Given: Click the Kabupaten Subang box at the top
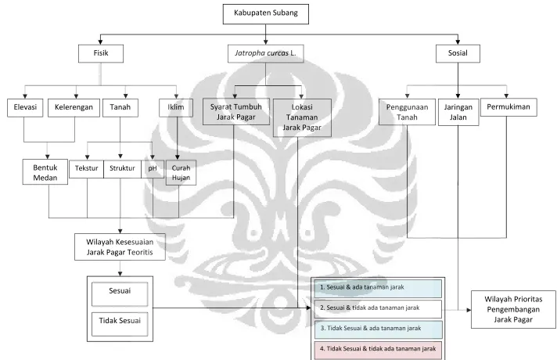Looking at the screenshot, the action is (x=266, y=14).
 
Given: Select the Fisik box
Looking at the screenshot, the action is (x=101, y=54).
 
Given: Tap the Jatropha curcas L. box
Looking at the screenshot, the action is (x=266, y=54).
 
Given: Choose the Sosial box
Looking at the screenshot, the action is (x=458, y=54).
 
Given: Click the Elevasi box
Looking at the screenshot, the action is (x=25, y=108).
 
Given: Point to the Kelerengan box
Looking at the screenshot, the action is (x=74, y=108).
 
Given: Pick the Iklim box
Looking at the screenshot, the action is (x=176, y=108).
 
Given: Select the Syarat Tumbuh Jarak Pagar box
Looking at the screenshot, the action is (x=236, y=112).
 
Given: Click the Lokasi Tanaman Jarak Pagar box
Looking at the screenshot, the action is (x=302, y=117).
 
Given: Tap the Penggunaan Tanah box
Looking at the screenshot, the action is (x=407, y=112).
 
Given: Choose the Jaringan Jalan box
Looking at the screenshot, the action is (x=458, y=113).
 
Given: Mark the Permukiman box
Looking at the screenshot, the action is (x=508, y=108).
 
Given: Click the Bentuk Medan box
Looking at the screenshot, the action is (x=45, y=172).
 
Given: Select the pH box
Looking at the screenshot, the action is (x=153, y=169).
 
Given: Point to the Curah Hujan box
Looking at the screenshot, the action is (x=181, y=173).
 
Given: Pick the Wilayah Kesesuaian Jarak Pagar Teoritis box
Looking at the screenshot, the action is (x=120, y=247).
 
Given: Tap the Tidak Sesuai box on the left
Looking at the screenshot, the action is (x=120, y=324).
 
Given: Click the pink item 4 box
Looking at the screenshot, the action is (x=378, y=350).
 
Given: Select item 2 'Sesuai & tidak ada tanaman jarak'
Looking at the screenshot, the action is (x=378, y=309).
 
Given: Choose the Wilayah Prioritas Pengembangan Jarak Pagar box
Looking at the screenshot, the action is (x=513, y=309).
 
